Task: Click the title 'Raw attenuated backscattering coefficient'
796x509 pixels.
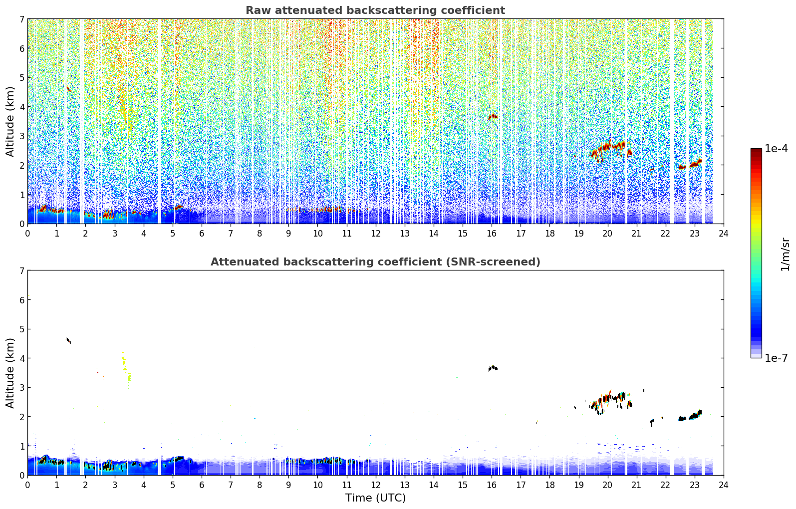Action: [x=375, y=10]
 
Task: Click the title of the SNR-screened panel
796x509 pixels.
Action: [x=375, y=262]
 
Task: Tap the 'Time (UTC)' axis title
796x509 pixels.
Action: [x=375, y=498]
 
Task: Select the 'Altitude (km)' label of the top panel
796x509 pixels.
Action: [x=10, y=122]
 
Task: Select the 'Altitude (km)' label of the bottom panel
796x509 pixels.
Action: [x=10, y=373]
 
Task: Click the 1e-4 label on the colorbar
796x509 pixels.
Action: [x=776, y=149]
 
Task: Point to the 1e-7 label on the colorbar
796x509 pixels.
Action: [x=776, y=358]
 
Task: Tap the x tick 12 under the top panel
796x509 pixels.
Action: [x=376, y=234]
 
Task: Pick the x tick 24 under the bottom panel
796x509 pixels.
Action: [x=724, y=485]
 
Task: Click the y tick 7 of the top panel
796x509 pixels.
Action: [x=22, y=19]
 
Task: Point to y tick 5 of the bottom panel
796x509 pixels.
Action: [x=22, y=329]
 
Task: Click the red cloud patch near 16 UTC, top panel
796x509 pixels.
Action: [x=493, y=117]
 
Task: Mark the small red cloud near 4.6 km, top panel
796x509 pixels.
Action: [x=68, y=89]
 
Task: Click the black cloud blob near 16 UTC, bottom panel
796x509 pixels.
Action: [x=493, y=368]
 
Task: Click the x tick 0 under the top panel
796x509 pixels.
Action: [x=28, y=234]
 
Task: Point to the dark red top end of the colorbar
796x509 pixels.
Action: [x=756, y=150]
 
